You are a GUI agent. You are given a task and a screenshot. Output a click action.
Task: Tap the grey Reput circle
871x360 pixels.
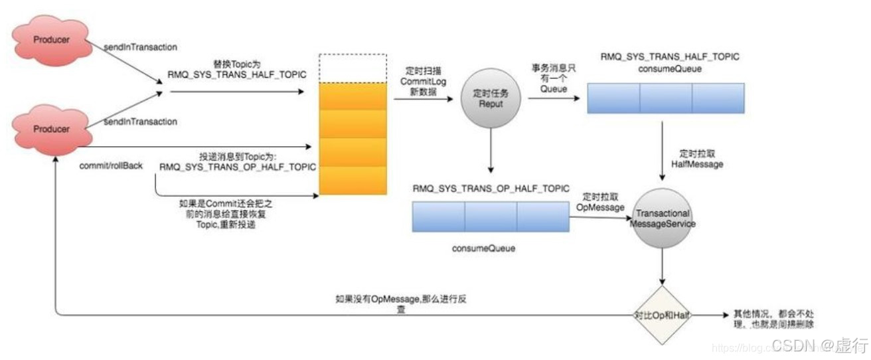(x=492, y=99)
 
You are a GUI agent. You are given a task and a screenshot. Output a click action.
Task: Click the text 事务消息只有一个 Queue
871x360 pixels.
(x=554, y=78)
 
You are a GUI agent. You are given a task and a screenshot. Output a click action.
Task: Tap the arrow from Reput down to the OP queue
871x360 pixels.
(x=491, y=152)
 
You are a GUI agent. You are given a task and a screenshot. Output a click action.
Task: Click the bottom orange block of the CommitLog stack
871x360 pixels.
(x=353, y=180)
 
